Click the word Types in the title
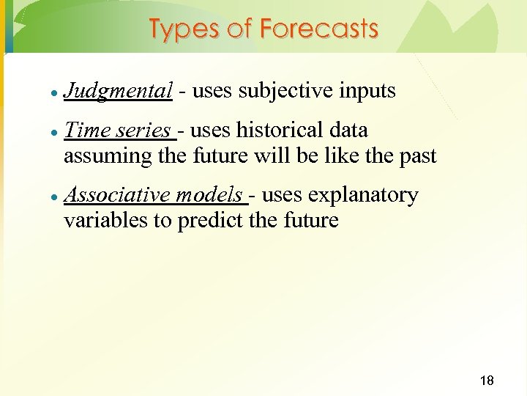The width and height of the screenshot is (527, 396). (182, 29)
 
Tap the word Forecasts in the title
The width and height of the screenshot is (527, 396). (319, 29)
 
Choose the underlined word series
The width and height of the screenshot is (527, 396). (146, 131)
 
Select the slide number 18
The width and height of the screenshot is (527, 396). (486, 380)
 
